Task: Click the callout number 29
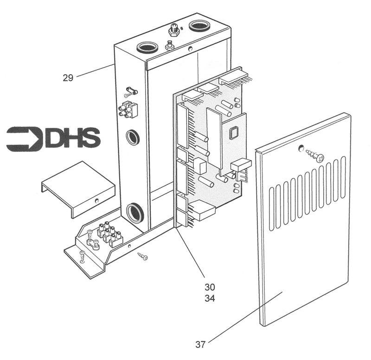[68, 78]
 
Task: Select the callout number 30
[210, 287]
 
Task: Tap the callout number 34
[210, 299]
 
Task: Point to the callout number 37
[200, 345]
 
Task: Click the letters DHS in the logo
[73, 139]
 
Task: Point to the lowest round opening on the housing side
[134, 213]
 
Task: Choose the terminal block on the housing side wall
[128, 110]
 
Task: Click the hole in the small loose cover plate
[97, 201]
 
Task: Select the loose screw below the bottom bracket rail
[142, 256]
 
